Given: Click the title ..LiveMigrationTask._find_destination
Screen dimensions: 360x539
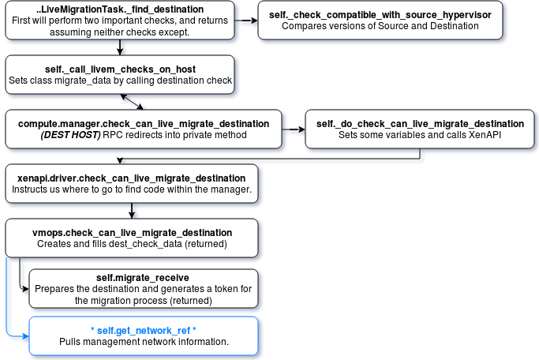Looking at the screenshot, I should (x=121, y=8).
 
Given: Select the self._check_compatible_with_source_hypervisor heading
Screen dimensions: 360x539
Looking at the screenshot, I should (x=380, y=14).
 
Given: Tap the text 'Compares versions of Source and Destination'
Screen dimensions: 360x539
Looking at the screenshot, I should (x=380, y=25).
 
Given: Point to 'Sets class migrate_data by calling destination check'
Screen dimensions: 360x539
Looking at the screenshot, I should (x=120, y=80).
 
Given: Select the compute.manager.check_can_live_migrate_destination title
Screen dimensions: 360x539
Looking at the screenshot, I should (x=143, y=123).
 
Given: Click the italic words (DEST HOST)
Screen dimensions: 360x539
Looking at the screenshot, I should (x=70, y=134).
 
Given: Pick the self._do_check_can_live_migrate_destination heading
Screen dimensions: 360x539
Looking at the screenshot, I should (x=420, y=123).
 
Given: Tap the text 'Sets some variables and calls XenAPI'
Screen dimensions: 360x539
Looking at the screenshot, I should (x=420, y=134).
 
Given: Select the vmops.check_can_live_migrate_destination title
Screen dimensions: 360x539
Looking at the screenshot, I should (x=132, y=233).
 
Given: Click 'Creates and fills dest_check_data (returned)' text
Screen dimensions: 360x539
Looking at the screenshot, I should (x=132, y=244).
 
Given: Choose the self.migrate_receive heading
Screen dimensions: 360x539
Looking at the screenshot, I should (x=143, y=278).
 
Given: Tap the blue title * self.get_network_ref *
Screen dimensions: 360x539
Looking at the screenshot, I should (x=143, y=329).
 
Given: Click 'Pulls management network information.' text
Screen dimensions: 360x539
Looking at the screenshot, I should (x=143, y=341).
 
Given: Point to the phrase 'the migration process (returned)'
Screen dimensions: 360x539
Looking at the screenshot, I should (x=143, y=300).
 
